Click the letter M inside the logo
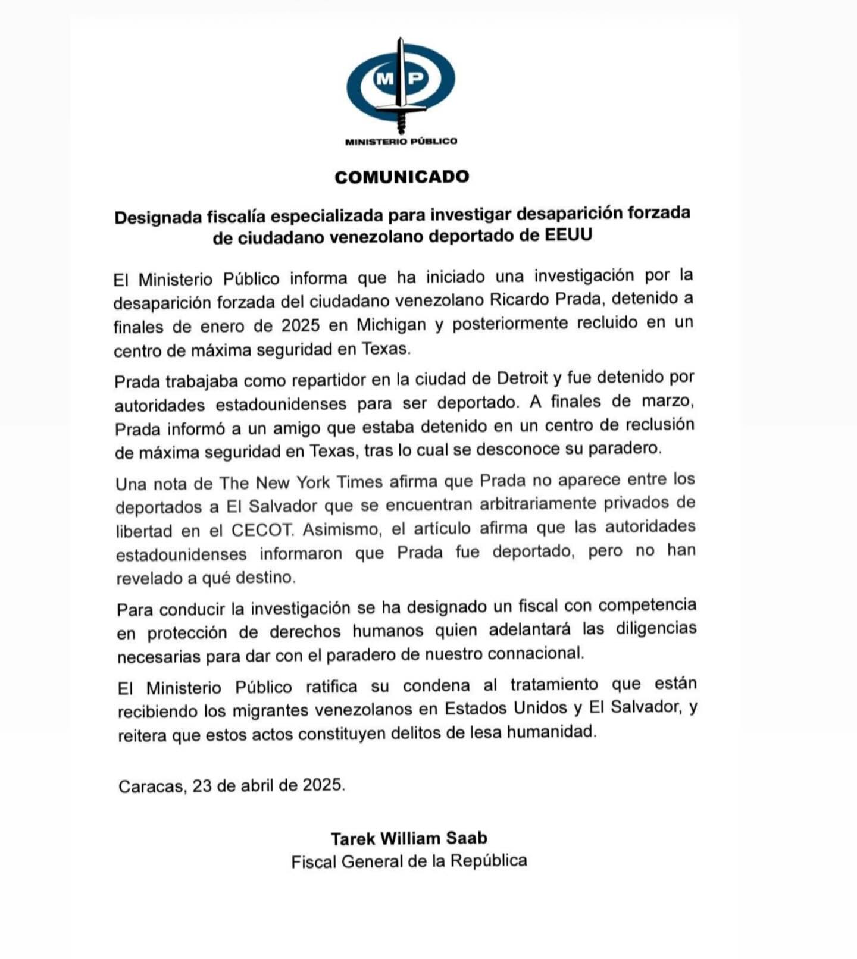tap(384, 78)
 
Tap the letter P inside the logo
tap(417, 78)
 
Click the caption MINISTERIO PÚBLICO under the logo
tap(401, 142)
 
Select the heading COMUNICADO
tap(402, 177)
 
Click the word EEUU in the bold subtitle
tap(568, 235)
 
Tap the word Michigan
tap(391, 325)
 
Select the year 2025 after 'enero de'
tap(301, 326)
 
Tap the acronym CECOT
tap(262, 530)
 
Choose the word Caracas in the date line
tap(151, 786)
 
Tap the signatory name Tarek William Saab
tap(409, 838)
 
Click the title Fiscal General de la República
tap(409, 861)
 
